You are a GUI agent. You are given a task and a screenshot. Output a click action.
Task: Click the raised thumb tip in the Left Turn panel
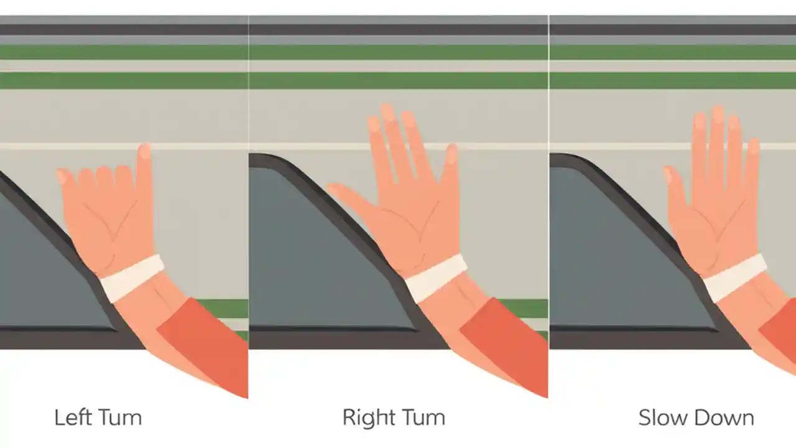point(144,153)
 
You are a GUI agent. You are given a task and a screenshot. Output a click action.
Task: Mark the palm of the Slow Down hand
point(715,224)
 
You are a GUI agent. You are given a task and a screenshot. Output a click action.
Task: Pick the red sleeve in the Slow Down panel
point(780,336)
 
